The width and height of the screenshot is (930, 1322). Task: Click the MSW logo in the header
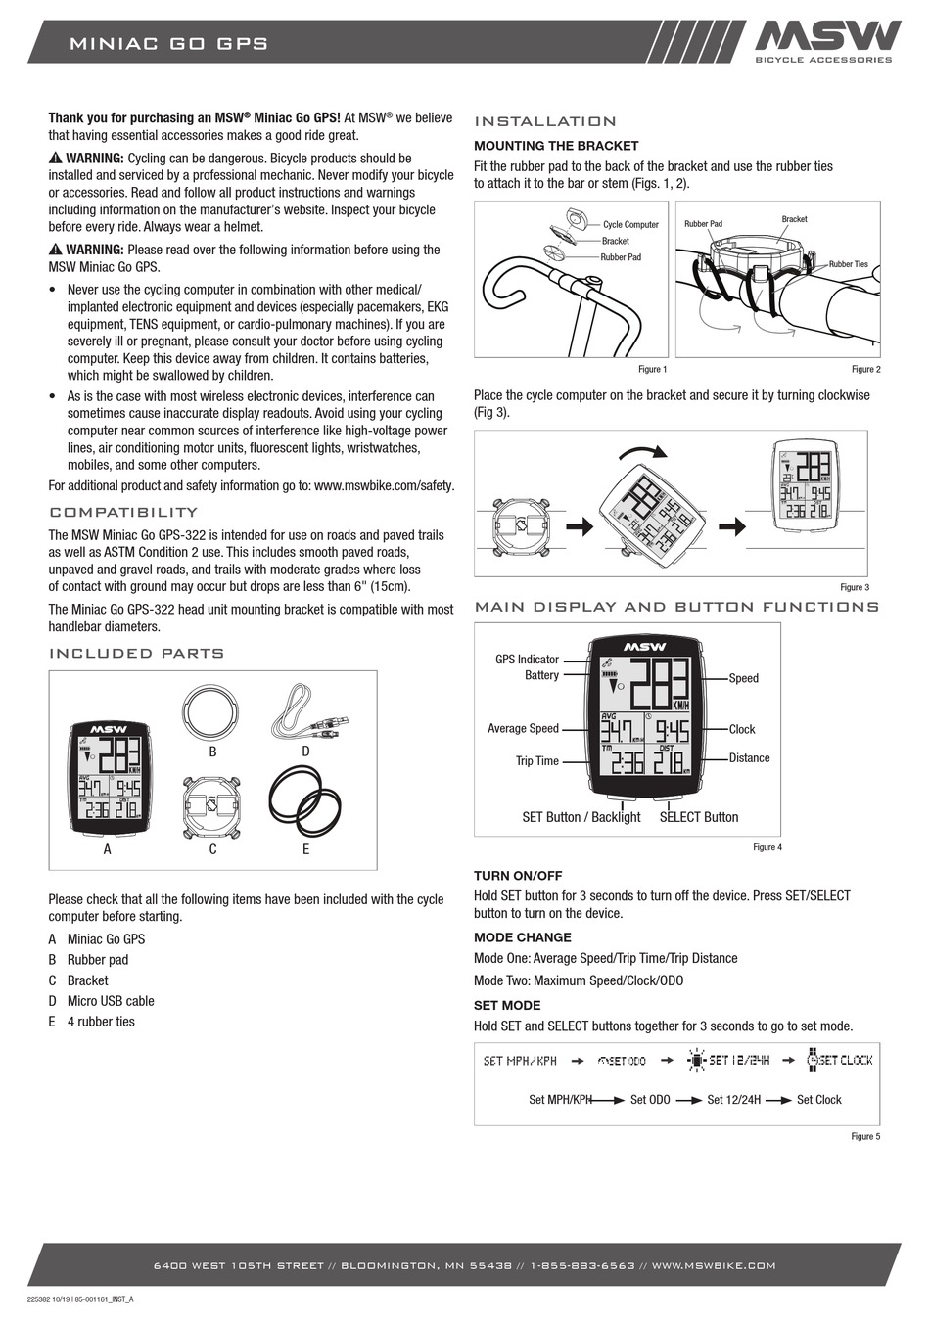coord(826,37)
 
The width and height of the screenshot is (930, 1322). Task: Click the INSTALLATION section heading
coord(545,121)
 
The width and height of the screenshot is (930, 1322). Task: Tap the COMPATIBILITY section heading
coord(123,512)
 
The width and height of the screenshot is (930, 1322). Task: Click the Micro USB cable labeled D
coord(304,715)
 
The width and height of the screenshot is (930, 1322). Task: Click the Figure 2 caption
coord(865,369)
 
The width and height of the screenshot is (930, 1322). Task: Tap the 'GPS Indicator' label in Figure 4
coord(527,660)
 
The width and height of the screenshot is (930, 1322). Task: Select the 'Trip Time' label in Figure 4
coord(536,760)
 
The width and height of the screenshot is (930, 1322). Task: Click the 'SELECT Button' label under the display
coord(699,817)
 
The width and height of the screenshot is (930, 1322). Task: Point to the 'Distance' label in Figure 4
coord(749,757)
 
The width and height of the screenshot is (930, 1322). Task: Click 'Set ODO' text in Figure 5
coord(650,1099)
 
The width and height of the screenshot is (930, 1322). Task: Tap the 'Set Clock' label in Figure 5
coord(818,1099)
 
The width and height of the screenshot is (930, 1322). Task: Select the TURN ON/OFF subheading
coord(518,875)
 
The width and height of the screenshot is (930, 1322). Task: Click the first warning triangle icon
coord(56,159)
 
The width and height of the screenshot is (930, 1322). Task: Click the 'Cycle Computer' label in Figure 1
coord(630,224)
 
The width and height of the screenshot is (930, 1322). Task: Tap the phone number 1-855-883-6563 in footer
coord(582,1265)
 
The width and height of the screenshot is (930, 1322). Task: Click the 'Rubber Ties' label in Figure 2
coord(848,264)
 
